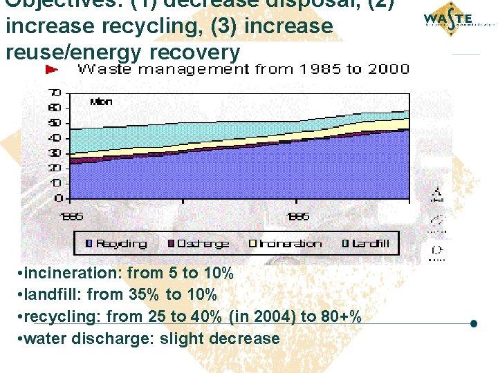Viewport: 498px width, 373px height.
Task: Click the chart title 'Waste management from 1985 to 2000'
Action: click(x=243, y=70)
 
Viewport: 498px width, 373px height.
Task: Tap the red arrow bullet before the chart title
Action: click(x=51, y=69)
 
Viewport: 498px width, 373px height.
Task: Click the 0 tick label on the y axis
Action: click(x=59, y=198)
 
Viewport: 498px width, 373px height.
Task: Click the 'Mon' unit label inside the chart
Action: click(x=101, y=102)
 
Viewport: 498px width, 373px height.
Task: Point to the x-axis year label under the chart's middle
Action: click(x=298, y=216)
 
